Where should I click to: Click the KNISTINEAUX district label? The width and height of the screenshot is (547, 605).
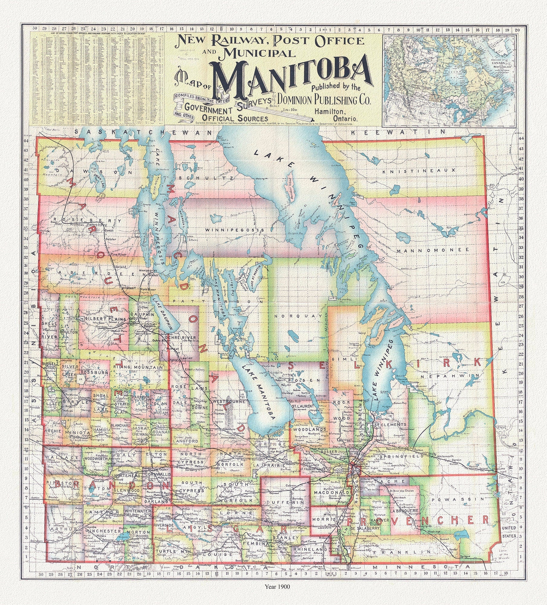tap(418, 171)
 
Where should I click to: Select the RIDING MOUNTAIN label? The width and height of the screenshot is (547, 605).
tap(138, 367)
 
